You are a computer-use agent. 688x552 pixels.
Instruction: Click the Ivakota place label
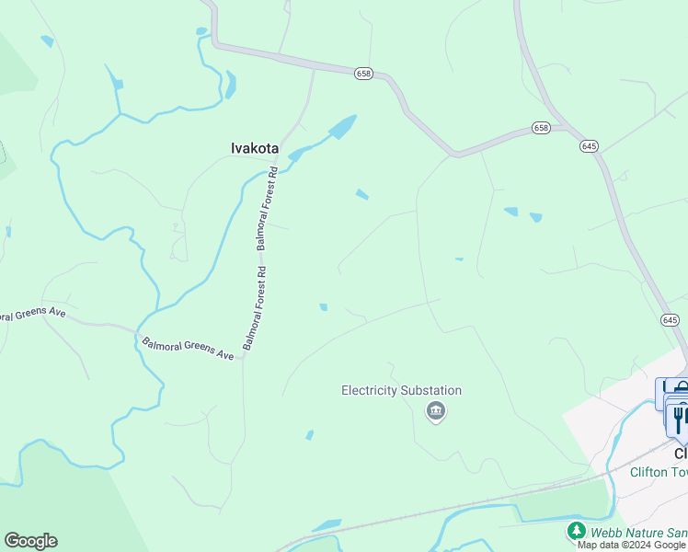point(253,146)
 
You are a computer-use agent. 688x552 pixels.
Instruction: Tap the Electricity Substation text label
point(401,390)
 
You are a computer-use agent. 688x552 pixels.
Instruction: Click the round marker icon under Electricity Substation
point(436,411)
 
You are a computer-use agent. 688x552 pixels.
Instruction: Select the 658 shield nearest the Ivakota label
point(363,73)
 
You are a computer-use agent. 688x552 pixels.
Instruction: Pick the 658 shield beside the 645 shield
point(541,128)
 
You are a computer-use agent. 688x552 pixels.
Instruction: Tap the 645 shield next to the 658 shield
point(590,146)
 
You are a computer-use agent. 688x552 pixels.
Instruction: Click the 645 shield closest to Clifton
point(670,319)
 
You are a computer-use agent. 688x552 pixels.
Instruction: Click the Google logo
point(30,541)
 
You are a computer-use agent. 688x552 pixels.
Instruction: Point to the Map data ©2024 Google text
point(632,545)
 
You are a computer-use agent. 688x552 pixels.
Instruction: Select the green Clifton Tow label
point(659,471)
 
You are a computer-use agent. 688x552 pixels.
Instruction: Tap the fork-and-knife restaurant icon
point(679,419)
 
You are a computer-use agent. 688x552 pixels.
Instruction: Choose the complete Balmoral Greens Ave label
point(189,349)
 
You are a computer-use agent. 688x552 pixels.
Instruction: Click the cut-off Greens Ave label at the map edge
point(32,314)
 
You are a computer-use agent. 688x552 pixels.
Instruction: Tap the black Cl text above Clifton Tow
point(681,454)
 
